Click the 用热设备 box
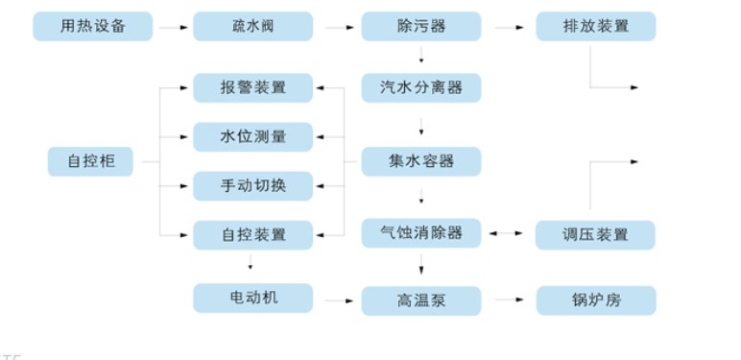92,26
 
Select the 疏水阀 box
252,26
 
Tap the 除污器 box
421,26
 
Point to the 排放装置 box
595,26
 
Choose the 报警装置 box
252,87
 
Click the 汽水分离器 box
421,87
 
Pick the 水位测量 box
252,136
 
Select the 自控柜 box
90,161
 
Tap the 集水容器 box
421,161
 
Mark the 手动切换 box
252,185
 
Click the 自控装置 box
252,234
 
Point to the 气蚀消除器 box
421,233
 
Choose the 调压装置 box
595,234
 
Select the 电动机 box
252,298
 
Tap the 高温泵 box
421,300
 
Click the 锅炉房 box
595,300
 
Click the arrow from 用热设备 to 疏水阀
173,27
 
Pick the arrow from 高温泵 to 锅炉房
508,300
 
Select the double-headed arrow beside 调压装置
508,233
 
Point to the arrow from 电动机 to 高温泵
336,300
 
